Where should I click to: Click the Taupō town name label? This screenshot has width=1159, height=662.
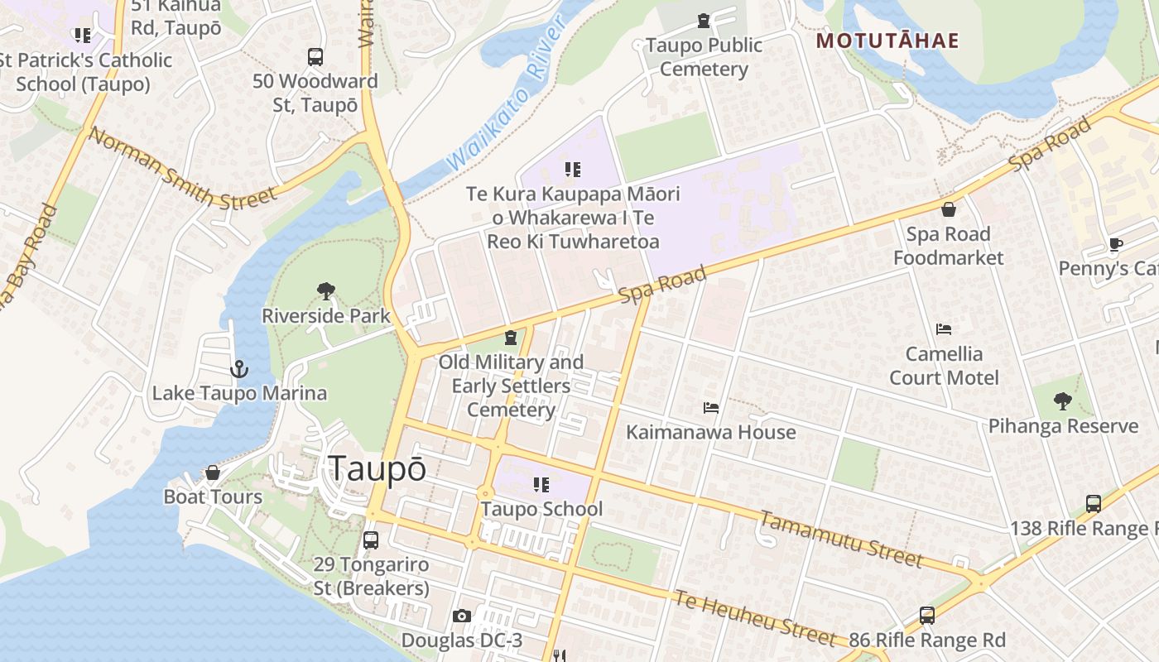(378, 468)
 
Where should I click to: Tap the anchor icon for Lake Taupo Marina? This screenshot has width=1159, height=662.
(239, 368)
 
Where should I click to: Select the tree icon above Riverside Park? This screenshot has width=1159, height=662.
(326, 291)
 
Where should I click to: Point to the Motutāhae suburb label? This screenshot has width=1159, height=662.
(887, 41)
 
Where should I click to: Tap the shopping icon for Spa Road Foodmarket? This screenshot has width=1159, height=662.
(948, 209)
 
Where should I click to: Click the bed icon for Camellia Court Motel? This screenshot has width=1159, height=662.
(943, 329)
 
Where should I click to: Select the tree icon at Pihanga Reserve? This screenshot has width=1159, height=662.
(1063, 402)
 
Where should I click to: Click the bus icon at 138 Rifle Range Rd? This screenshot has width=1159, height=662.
(1093, 503)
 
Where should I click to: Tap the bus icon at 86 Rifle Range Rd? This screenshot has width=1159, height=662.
(927, 616)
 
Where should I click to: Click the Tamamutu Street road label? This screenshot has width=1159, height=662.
(840, 540)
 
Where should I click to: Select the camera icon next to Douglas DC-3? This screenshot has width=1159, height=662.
(462, 616)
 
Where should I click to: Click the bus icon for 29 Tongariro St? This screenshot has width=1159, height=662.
(371, 540)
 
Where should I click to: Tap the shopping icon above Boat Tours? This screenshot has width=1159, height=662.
(213, 473)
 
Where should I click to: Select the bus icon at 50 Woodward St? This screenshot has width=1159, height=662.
(315, 57)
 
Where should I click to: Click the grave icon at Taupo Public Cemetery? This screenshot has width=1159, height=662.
(704, 20)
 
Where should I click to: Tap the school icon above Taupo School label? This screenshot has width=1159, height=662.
(541, 484)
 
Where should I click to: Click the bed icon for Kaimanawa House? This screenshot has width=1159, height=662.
(710, 408)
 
